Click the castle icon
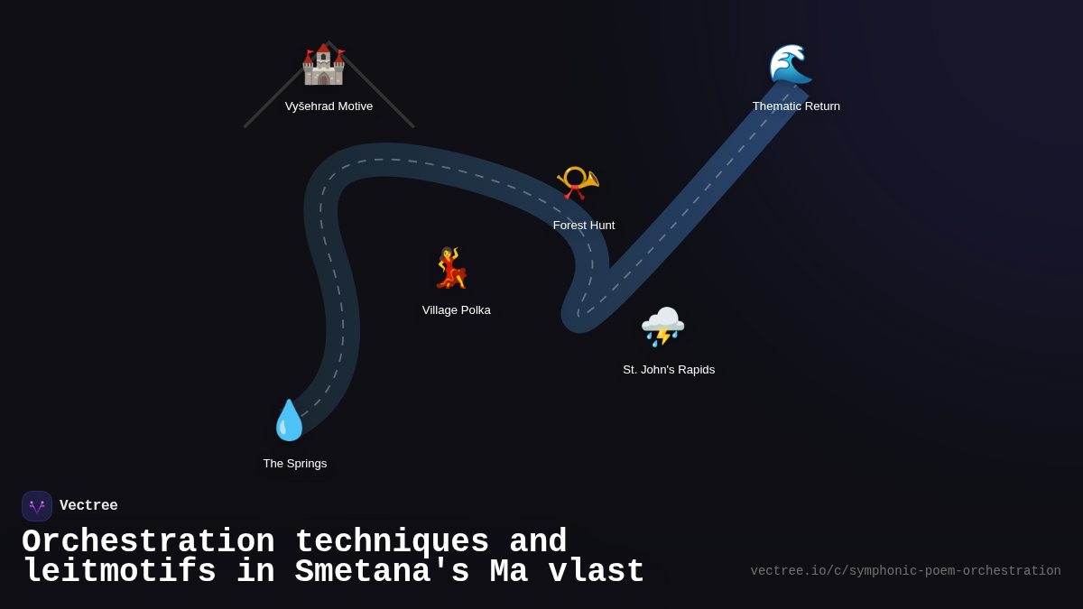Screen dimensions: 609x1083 (323, 64)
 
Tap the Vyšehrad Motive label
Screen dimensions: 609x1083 (329, 106)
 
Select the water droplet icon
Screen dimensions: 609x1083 (289, 420)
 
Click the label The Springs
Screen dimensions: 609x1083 (295, 464)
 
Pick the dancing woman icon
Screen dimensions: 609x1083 (450, 268)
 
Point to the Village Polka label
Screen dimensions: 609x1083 (457, 310)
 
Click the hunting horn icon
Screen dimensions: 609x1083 (578, 182)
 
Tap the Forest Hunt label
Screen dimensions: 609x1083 (584, 226)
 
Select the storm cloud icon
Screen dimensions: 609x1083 (662, 327)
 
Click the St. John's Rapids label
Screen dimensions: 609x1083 (669, 370)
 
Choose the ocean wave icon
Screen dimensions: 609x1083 (791, 64)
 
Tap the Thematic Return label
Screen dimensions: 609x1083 (796, 106)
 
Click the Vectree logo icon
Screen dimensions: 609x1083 (37, 506)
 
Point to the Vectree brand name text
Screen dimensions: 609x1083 (88, 506)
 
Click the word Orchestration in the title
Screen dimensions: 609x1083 (148, 542)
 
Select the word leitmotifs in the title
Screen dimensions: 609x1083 (119, 572)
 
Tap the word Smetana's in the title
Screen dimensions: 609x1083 (382, 572)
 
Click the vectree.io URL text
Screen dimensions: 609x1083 (905, 571)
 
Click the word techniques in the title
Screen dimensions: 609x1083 (392, 542)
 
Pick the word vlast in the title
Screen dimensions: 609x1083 (597, 572)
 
